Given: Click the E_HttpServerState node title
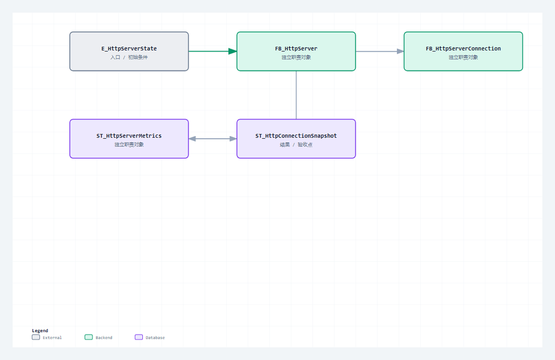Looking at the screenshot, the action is pyautogui.click(x=129, y=48).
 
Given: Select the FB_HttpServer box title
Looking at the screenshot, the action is pyautogui.click(x=296, y=48).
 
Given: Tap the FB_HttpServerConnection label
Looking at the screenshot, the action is pyautogui.click(x=463, y=48).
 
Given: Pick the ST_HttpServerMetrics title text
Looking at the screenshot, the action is pyautogui.click(x=129, y=136).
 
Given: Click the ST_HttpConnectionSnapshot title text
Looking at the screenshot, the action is pyautogui.click(x=296, y=136).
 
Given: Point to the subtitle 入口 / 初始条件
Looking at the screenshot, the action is pyautogui.click(x=129, y=57).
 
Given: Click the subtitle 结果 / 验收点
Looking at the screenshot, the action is pyautogui.click(x=296, y=144).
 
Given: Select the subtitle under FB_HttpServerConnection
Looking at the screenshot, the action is pyautogui.click(x=463, y=57).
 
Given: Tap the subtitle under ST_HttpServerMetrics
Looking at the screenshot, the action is pyautogui.click(x=129, y=144).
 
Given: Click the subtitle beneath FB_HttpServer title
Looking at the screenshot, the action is pyautogui.click(x=296, y=57).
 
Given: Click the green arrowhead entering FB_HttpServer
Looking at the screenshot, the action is pyautogui.click(x=233, y=51).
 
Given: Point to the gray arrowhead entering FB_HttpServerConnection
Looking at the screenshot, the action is pyautogui.click(x=401, y=51).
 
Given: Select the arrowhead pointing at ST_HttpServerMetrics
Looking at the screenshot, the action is pyautogui.click(x=192, y=139).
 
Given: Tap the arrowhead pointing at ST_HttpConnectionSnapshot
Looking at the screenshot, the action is pyautogui.click(x=233, y=139).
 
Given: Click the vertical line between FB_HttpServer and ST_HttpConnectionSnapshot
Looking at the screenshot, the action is pyautogui.click(x=296, y=95).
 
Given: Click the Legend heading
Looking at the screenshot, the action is pyautogui.click(x=40, y=330).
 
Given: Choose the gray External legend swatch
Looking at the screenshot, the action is pyautogui.click(x=36, y=337).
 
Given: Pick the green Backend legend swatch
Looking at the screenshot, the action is pyautogui.click(x=88, y=337).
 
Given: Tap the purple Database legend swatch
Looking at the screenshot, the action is pyautogui.click(x=139, y=337).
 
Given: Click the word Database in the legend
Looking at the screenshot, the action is pyautogui.click(x=155, y=337).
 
